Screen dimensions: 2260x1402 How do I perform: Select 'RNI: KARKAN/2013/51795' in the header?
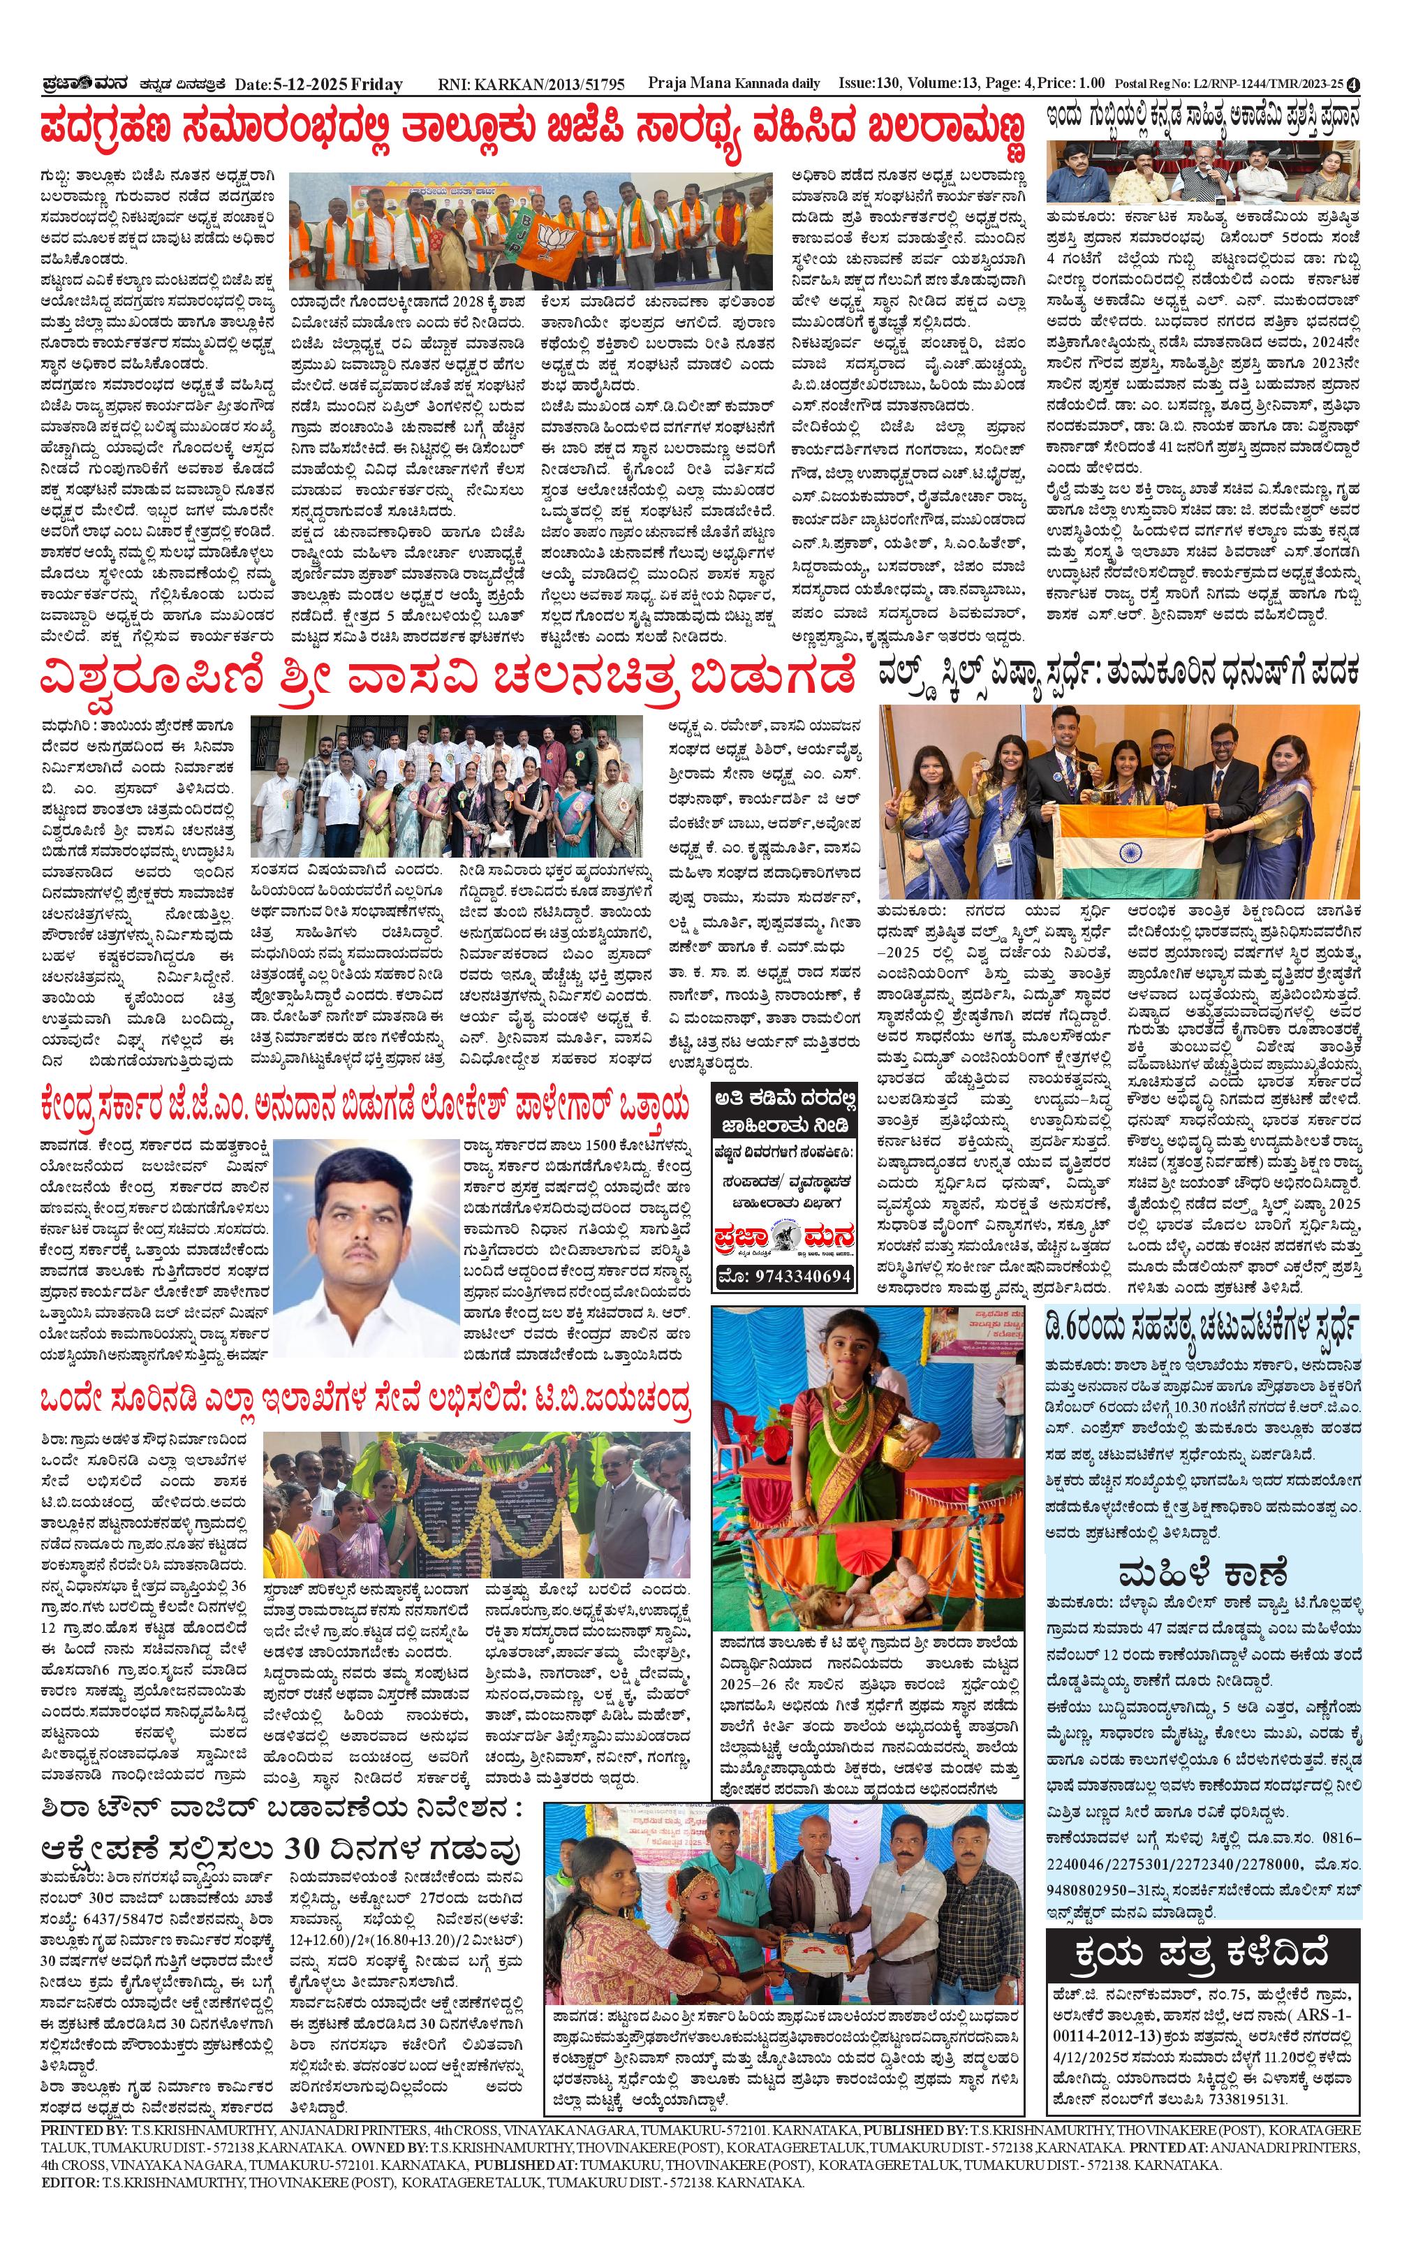[x=531, y=85]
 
